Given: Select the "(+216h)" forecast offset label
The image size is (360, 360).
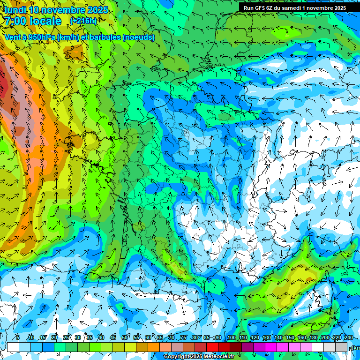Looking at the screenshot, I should pos(83,21).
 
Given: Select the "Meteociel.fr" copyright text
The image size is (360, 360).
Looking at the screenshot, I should pos(216,357).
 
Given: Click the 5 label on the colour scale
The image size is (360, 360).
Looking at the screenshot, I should pos(17,338).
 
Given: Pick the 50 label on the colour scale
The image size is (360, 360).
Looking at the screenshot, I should pos(124,338).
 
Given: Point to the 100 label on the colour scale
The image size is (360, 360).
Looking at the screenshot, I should pos(231,338).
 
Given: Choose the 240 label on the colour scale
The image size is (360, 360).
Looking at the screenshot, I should pos(348,338).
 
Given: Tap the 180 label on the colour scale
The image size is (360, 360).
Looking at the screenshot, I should pos(313,338).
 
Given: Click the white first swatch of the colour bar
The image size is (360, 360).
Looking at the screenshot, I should pos(13,347).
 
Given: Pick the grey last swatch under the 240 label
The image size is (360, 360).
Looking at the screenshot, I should pos(342,347).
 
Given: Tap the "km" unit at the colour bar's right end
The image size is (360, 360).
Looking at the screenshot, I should pos(356,348).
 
